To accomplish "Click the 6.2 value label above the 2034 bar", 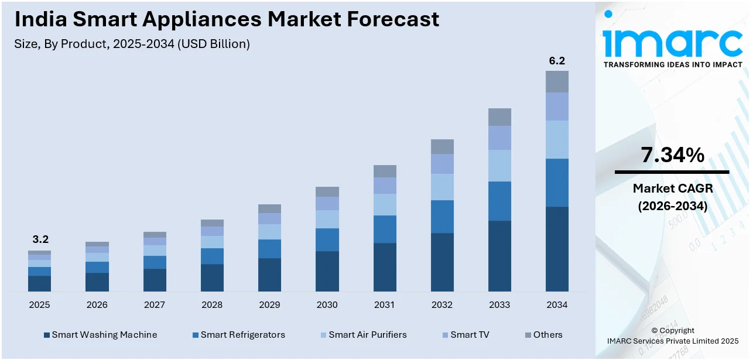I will pos(557,61).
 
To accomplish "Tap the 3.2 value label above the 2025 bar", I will pos(40,239).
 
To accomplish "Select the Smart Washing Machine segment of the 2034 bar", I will pos(557,249).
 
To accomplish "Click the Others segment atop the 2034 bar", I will pos(557,81).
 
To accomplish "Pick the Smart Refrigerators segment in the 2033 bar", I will pos(499,201).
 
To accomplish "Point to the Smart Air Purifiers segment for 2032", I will pos(442,187).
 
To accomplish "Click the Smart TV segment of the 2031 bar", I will pos(385,186).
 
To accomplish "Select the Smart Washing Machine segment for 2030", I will pos(327,271).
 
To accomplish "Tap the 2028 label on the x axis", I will pos(212,305).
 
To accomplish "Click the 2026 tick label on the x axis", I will pos(97,305).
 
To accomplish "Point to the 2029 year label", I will pos(269,305).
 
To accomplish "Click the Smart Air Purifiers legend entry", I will pos(367,335).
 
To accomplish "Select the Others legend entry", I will pos(547,335).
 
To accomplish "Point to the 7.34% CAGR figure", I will pos(672,155).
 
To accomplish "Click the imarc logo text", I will pos(672,41).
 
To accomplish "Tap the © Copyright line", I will pos(672,331).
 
